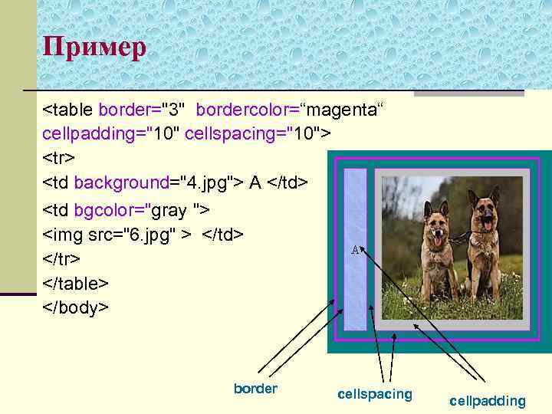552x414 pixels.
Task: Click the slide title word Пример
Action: (x=94, y=48)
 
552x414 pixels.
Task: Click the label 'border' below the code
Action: (x=255, y=389)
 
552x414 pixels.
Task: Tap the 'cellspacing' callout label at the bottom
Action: (x=374, y=394)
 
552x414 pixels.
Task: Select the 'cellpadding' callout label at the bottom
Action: (x=488, y=400)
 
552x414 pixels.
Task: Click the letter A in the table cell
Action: (x=356, y=249)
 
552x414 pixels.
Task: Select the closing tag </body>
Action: (x=76, y=307)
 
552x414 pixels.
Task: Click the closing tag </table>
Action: (x=75, y=283)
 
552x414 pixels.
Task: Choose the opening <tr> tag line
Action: (x=58, y=158)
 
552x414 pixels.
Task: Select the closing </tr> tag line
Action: (x=61, y=258)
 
